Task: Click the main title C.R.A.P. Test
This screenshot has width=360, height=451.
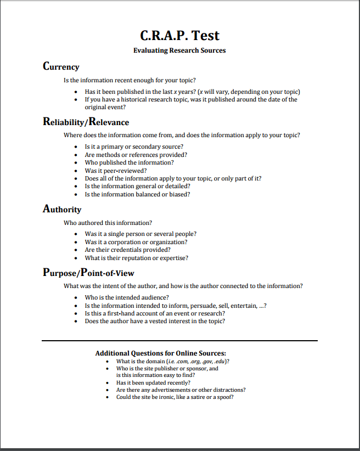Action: pos(179,36)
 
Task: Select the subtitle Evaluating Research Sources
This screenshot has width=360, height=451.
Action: pos(179,50)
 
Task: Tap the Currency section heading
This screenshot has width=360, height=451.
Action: pos(61,67)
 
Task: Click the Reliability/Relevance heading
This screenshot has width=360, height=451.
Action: pos(86,122)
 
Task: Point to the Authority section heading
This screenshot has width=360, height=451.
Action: pos(62,209)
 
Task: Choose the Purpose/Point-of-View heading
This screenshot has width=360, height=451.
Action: pos(88,273)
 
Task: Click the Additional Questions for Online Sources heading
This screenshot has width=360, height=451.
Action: pos(161,353)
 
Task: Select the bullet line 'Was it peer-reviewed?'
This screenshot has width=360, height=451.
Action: pos(116,171)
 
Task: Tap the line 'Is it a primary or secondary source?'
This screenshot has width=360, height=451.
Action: pos(134,147)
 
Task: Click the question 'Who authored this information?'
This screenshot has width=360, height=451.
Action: pos(108,223)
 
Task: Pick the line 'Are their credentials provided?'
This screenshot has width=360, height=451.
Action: pos(127,250)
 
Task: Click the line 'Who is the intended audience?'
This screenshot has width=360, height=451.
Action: pos(126,297)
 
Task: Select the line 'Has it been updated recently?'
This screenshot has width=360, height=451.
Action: pos(153,382)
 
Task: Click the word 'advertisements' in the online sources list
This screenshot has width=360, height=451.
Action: pos(165,390)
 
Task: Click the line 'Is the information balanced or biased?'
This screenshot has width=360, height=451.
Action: pos(137,194)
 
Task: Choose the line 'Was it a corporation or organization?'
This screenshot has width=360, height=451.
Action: pos(136,242)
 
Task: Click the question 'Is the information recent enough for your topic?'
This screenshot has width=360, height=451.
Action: pos(130,80)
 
